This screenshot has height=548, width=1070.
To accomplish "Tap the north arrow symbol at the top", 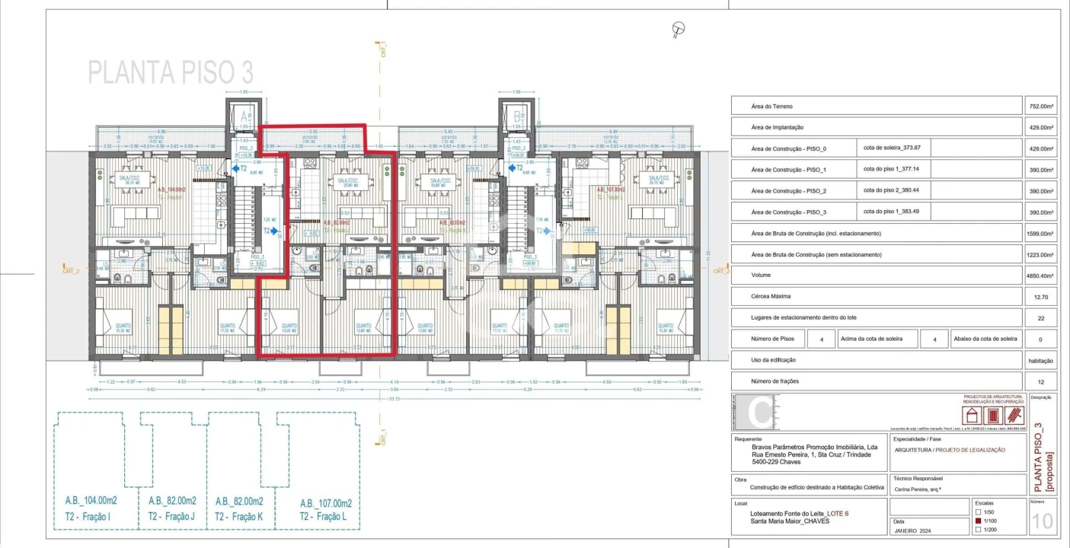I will (678, 30).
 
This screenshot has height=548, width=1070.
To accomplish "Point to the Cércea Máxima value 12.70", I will (1040, 297).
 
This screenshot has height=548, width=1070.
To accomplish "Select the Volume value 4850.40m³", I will (1040, 276).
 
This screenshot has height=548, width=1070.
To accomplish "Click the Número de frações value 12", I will (1040, 381).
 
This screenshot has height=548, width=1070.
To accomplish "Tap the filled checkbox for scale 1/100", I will (979, 521).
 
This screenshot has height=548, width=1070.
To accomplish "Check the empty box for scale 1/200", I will (979, 530).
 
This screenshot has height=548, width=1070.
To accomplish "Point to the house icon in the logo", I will (972, 416).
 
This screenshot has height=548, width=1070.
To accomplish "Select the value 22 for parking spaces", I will (1040, 318).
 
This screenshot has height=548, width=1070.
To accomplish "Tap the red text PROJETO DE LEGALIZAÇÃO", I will (970, 450).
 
